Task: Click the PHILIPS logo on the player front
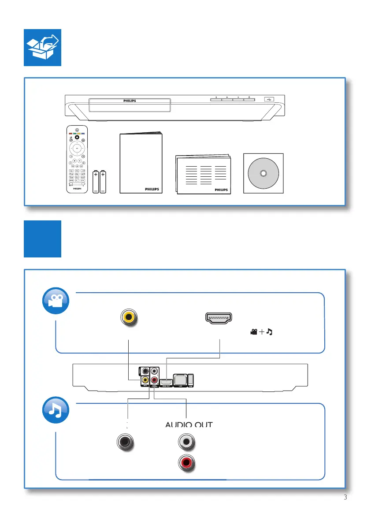130,101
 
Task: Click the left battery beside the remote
96,182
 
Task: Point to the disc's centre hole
263,174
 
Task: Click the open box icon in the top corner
42,48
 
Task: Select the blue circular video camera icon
56,302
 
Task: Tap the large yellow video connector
129,317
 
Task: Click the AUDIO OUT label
189,424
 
